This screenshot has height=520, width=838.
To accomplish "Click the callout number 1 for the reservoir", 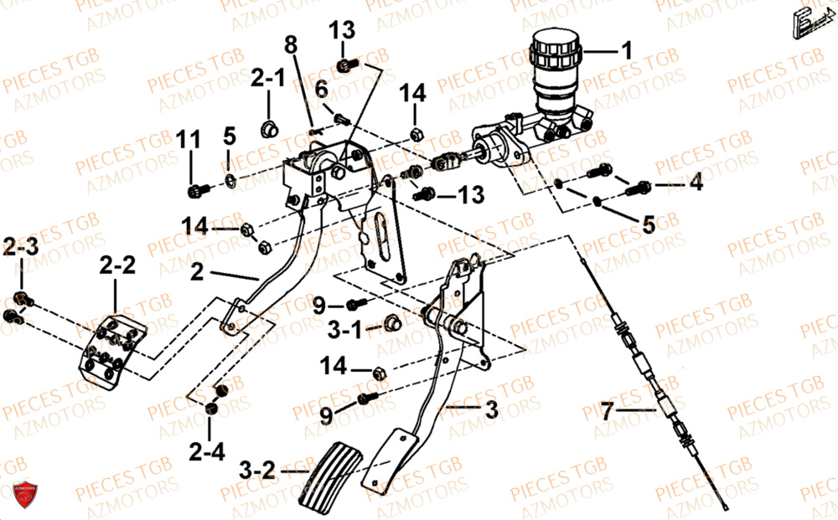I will coord(625,51).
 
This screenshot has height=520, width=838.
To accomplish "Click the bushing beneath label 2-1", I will coord(270,128).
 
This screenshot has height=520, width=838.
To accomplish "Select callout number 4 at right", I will coord(696,183).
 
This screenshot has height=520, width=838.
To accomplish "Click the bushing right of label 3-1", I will coord(391,322).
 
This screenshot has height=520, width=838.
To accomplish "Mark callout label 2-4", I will coord(207,453).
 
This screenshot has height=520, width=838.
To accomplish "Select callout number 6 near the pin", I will coord(321,88).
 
